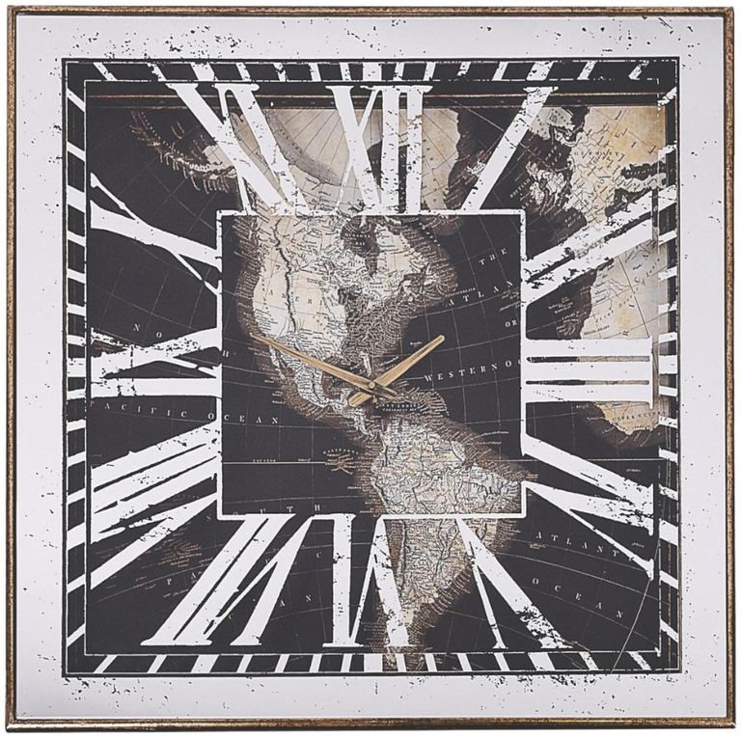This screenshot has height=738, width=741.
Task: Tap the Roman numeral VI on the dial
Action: (371, 588)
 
